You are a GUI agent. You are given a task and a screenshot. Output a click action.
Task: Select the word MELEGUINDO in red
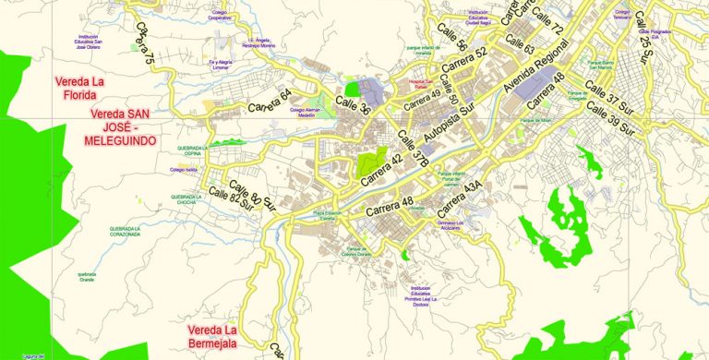[120, 140]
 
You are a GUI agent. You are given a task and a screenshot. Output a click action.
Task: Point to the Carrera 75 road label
[144, 43]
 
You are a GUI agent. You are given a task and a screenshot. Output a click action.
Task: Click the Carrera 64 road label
[270, 101]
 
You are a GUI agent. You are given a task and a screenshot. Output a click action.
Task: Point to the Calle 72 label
[547, 30]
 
